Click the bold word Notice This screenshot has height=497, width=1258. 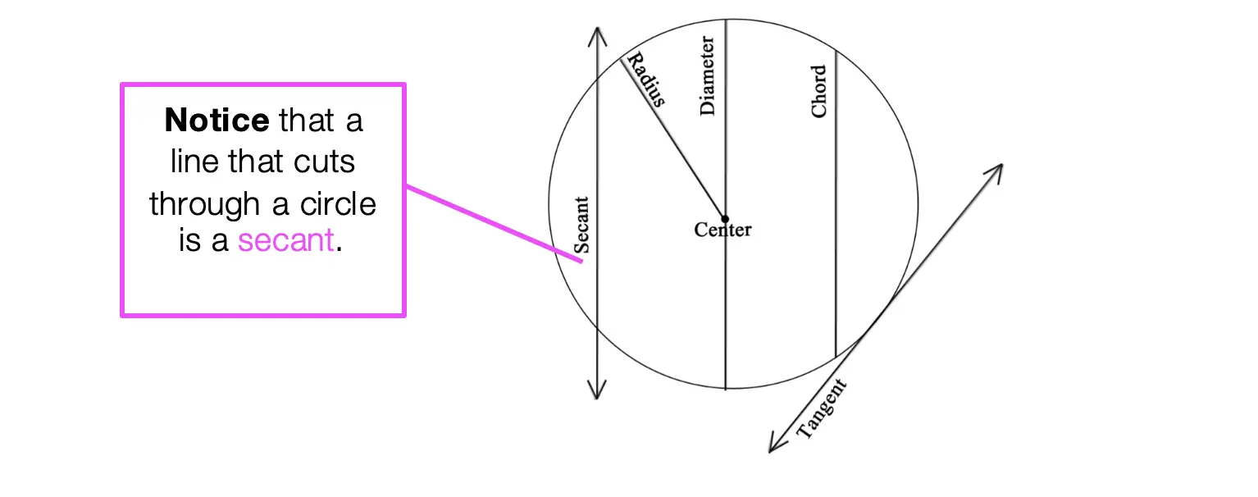click(x=217, y=121)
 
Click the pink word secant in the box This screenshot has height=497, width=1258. click(x=286, y=240)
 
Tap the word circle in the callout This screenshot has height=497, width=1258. click(x=338, y=203)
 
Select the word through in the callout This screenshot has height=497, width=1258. click(x=204, y=204)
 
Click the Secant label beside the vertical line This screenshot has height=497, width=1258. click(x=581, y=226)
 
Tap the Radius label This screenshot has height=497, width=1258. click(x=646, y=79)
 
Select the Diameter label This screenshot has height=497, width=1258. click(x=707, y=75)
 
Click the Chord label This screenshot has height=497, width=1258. click(x=818, y=91)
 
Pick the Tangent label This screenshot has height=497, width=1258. click(x=821, y=408)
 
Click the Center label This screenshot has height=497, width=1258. click(x=722, y=230)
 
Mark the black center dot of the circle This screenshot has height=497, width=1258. click(x=725, y=219)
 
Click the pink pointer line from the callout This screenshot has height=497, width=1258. click(x=495, y=224)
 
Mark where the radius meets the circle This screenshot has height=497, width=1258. click(x=621, y=58)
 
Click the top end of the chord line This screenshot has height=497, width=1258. click(x=836, y=51)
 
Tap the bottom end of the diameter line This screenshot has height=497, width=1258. click(x=726, y=389)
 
